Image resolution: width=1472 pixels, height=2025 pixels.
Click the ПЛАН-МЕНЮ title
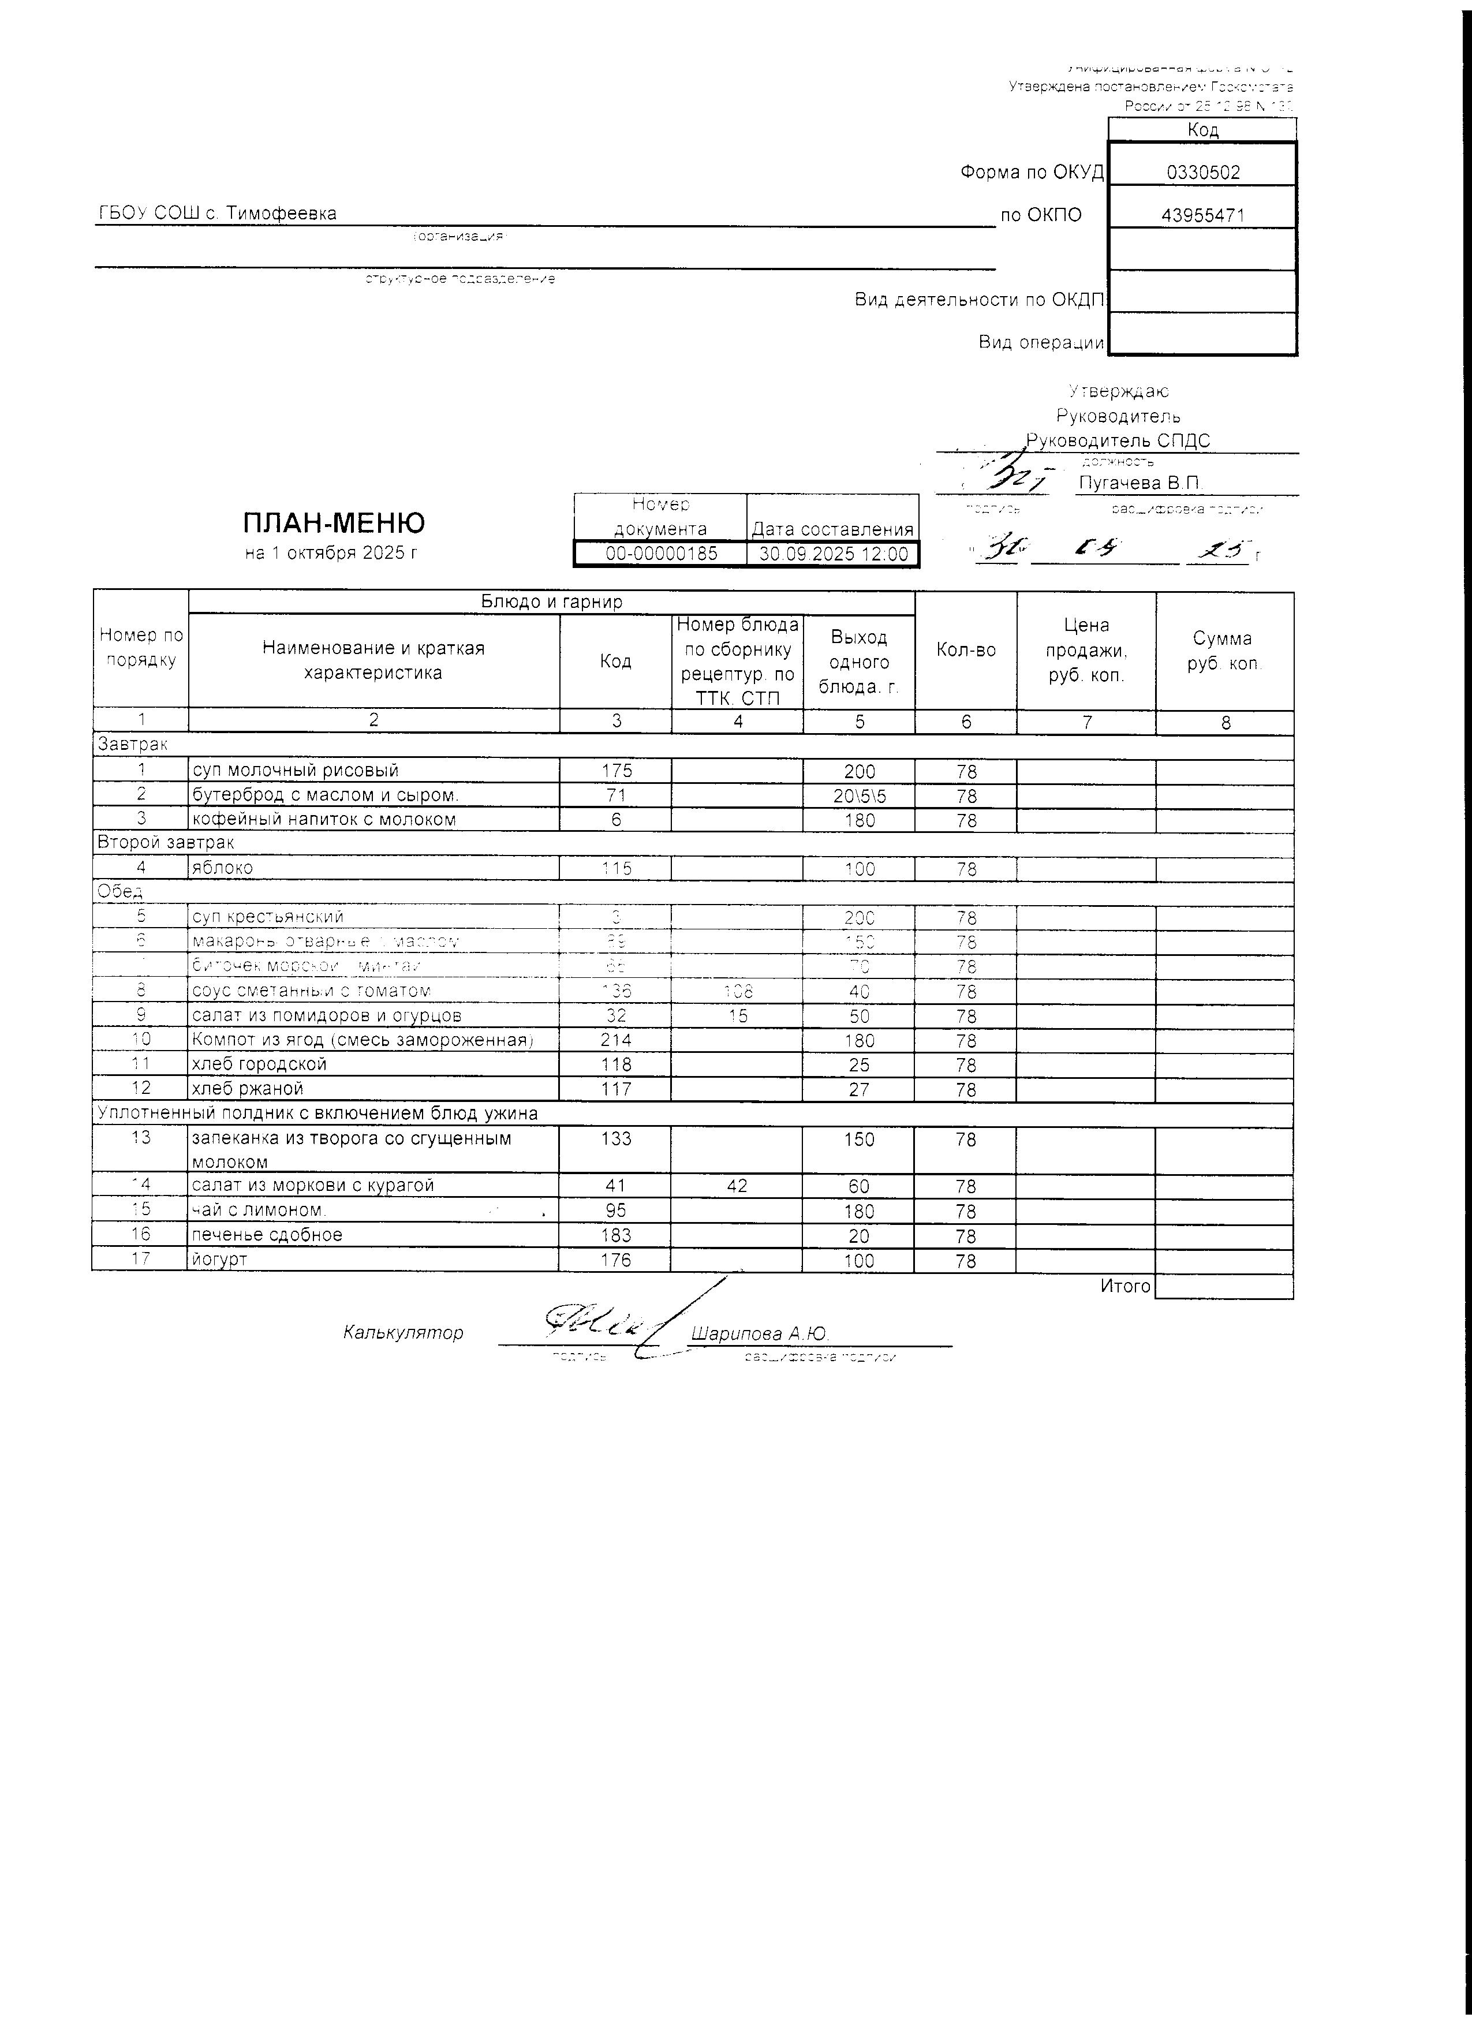[x=334, y=523]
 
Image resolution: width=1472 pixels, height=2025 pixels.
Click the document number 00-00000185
[x=660, y=554]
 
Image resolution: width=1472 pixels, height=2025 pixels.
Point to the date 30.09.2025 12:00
[x=833, y=554]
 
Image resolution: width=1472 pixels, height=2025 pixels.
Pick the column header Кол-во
[x=966, y=650]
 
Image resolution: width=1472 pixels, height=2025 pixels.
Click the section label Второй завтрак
[x=165, y=842]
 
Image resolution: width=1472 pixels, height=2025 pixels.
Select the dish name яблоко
[x=222, y=868]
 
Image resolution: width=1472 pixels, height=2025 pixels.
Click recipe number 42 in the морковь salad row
[x=737, y=1186]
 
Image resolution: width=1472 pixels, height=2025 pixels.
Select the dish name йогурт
[x=219, y=1260]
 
